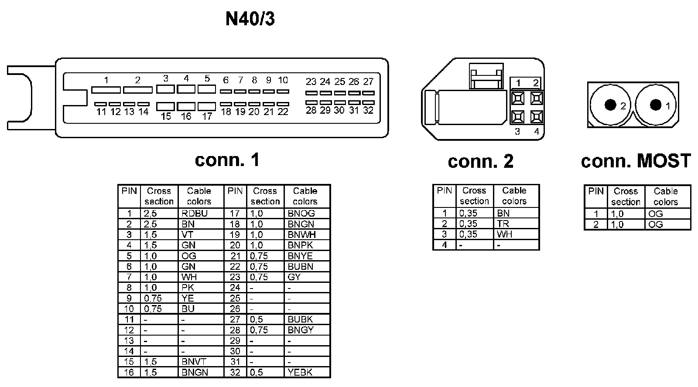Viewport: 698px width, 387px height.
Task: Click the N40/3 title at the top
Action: pyautogui.click(x=250, y=19)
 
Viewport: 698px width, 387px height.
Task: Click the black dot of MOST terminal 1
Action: pyautogui.click(x=655, y=105)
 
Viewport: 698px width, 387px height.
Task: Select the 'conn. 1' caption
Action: pyautogui.click(x=227, y=160)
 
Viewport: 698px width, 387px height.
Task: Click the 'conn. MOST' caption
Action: pyautogui.click(x=636, y=161)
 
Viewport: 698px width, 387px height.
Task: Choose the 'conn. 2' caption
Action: pyautogui.click(x=480, y=161)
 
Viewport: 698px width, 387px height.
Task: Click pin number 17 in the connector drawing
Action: pyautogui.click(x=207, y=116)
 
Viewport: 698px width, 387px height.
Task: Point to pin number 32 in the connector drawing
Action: pyautogui.click(x=368, y=110)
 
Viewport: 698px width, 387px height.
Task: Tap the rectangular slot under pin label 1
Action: pyautogui.click(x=106, y=90)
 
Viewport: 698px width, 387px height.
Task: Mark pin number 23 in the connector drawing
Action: pyautogui.click(x=311, y=81)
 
